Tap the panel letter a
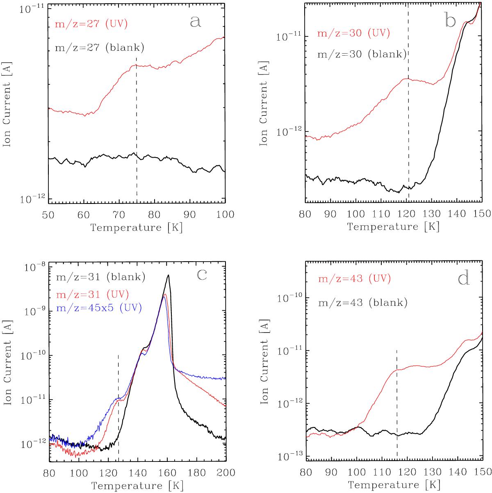(x=196, y=21)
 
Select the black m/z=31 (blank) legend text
(x=100, y=278)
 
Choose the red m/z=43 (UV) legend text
(x=353, y=279)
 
